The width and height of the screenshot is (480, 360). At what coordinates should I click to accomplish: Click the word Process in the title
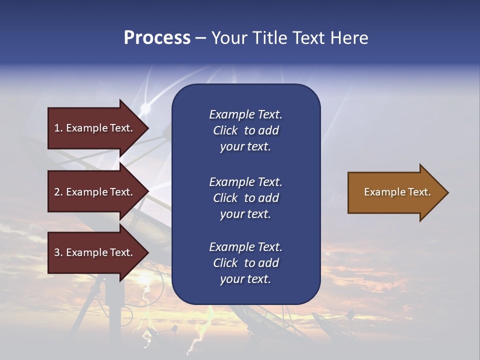click(157, 38)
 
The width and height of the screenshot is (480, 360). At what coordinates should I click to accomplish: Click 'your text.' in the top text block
click(245, 147)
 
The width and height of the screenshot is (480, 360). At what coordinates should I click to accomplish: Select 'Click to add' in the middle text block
click(245, 198)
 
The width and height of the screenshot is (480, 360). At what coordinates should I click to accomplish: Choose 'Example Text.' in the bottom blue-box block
click(245, 247)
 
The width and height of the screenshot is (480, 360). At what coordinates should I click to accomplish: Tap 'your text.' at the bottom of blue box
click(245, 279)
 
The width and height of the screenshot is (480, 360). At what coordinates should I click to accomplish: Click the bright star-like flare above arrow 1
click(145, 108)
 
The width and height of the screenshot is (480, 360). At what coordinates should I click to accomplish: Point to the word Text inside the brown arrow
click(419, 192)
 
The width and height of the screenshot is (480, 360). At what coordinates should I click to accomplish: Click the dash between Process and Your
click(200, 38)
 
